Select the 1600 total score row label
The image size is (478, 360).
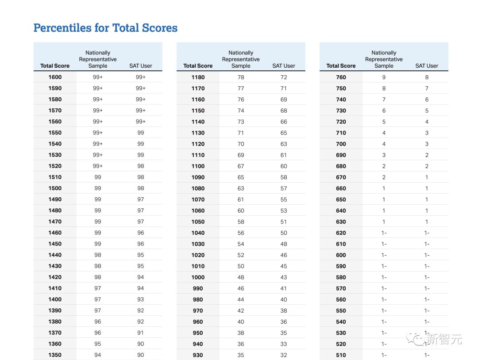[x=55, y=77]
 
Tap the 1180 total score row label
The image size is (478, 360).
[x=198, y=77]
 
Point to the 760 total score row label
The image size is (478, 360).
[x=341, y=77]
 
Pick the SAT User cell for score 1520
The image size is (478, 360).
[x=140, y=166]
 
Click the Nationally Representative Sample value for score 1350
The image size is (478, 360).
[x=97, y=355]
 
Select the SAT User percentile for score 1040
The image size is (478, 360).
[x=283, y=233]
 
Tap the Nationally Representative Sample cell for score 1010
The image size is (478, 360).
[x=241, y=266]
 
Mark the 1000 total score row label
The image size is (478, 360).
[x=198, y=277]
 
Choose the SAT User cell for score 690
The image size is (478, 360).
[x=426, y=155]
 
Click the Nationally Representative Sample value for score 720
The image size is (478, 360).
[x=384, y=122]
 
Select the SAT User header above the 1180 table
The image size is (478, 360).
[x=283, y=65]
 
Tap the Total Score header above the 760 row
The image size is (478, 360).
[x=341, y=65]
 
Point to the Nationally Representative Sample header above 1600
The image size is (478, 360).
[x=98, y=59]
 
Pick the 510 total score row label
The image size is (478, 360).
[x=341, y=355]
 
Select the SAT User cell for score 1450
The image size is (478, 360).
[x=140, y=244]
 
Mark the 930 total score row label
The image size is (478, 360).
[x=198, y=355]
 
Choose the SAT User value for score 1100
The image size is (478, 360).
[x=283, y=166]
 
